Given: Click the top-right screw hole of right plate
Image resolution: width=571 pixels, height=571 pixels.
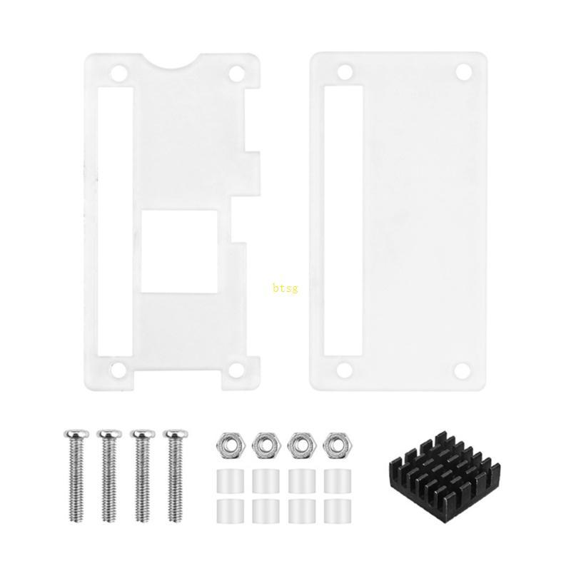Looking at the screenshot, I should tap(463, 72).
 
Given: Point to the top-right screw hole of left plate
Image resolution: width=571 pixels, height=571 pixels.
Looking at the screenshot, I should tap(235, 74).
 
